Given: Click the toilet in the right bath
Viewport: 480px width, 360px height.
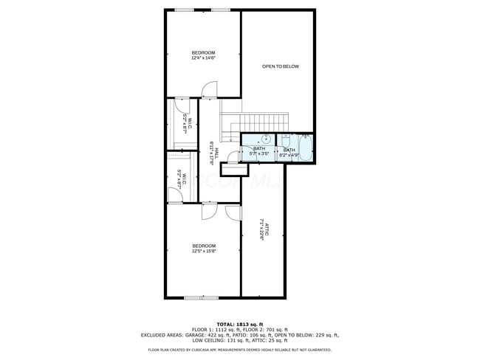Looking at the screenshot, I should pos(285,140).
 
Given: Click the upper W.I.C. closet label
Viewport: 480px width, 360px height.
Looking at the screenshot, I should pos(188,126).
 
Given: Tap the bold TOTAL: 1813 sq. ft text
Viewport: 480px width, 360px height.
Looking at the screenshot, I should pos(240,324).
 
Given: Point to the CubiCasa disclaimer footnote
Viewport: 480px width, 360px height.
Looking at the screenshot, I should pos(240,350).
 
